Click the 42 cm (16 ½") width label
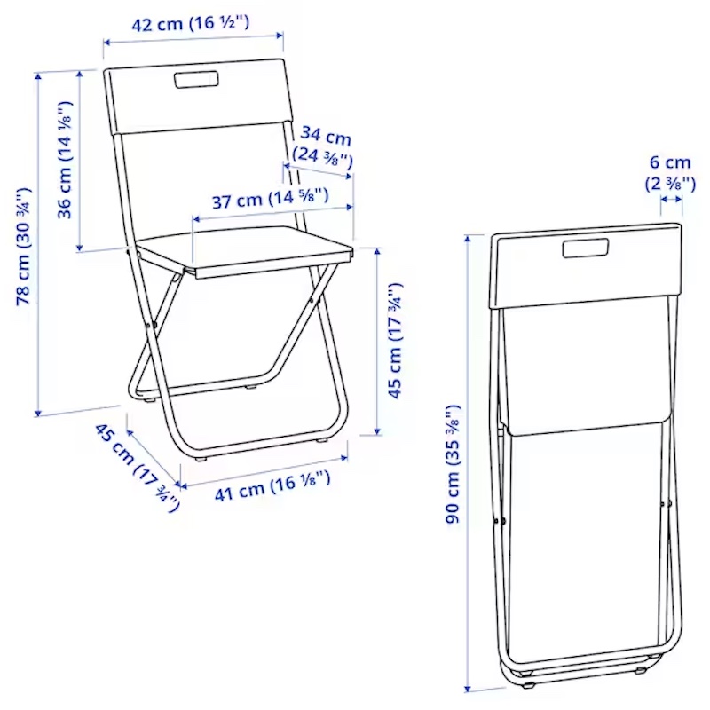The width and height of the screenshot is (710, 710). click(x=190, y=23)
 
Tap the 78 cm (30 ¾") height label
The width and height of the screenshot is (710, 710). click(x=24, y=246)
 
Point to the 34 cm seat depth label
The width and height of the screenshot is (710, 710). click(x=326, y=136)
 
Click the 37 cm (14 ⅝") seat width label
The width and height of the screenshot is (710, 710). click(x=271, y=198)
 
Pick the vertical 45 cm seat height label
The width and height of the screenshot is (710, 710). click(x=394, y=340)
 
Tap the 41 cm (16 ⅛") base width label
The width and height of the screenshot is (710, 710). click(x=272, y=486)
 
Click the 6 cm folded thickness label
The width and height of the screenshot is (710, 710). click(x=670, y=162)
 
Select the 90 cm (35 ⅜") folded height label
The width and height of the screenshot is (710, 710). click(x=453, y=464)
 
